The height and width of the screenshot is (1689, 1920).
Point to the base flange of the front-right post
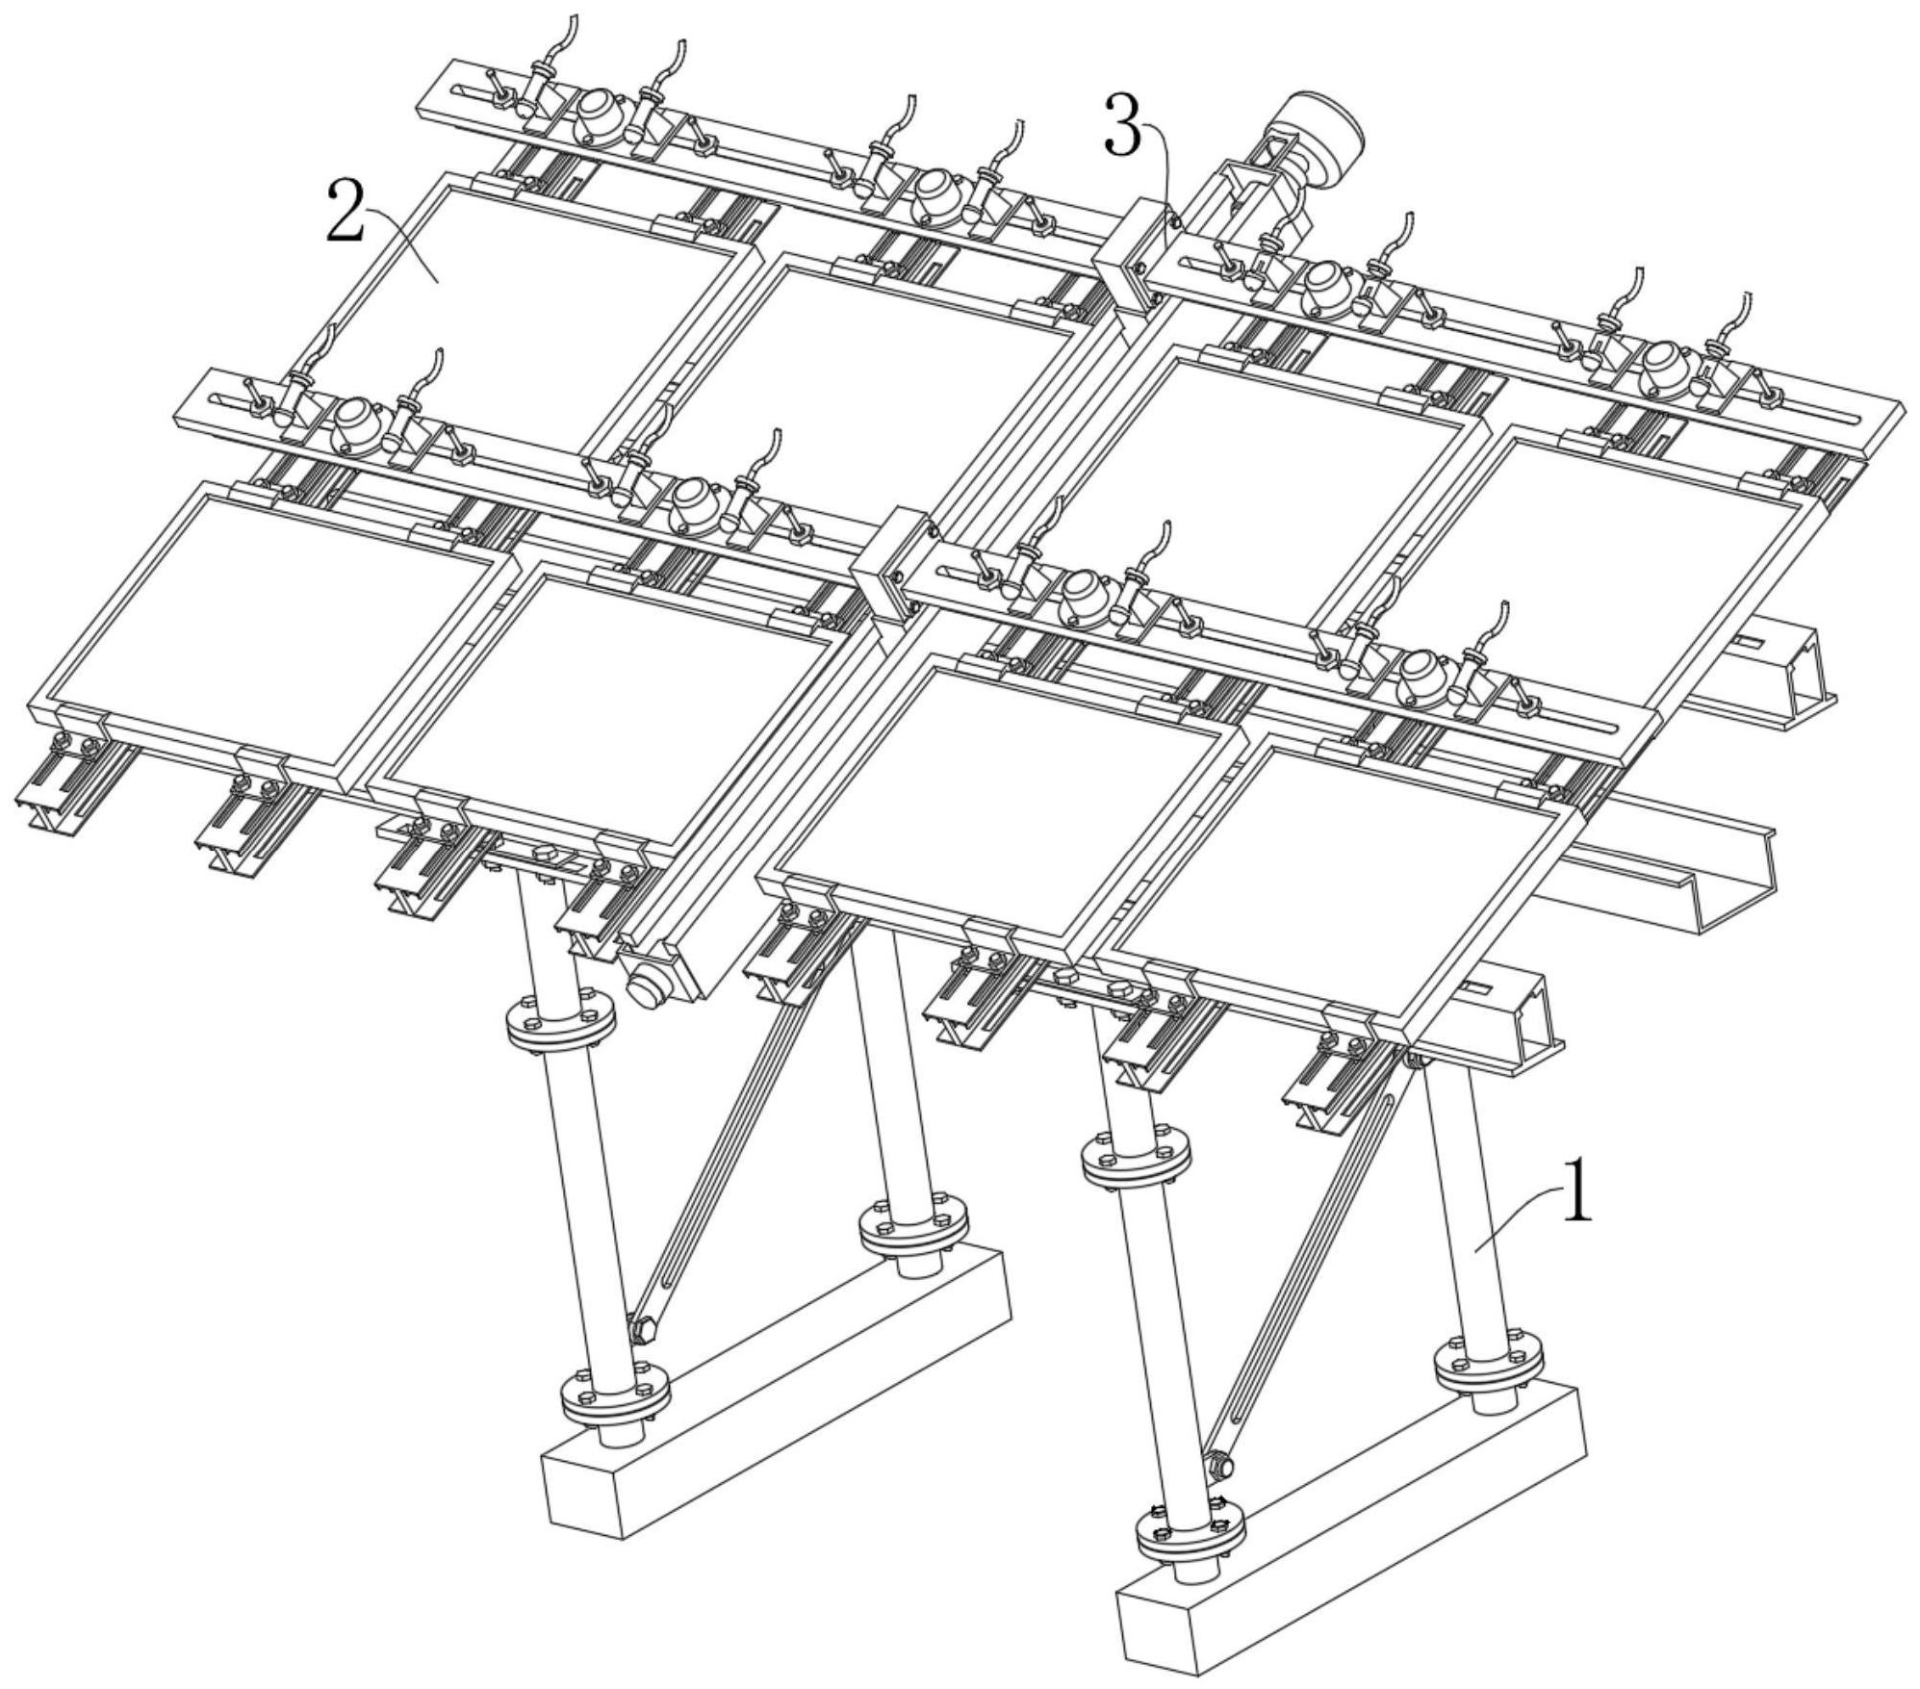tap(1190, 1532)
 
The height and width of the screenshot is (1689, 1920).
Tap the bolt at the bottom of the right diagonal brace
tap(1219, 1467)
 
